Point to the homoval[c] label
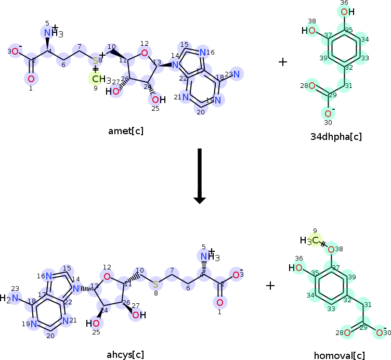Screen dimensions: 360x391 (x=339, y=356)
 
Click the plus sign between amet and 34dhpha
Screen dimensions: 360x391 (x=283, y=62)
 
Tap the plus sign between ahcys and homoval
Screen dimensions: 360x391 (x=270, y=285)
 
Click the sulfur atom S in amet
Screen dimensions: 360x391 (x=96, y=61)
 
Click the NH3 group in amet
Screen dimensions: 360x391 (x=52, y=33)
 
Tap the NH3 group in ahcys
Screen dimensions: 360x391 (x=209, y=256)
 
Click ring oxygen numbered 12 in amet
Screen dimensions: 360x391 (x=144, y=53)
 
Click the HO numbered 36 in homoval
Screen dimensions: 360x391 (x=297, y=268)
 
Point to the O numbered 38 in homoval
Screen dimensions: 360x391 (x=331, y=250)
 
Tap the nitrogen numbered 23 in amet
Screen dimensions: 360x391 (x=237, y=74)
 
